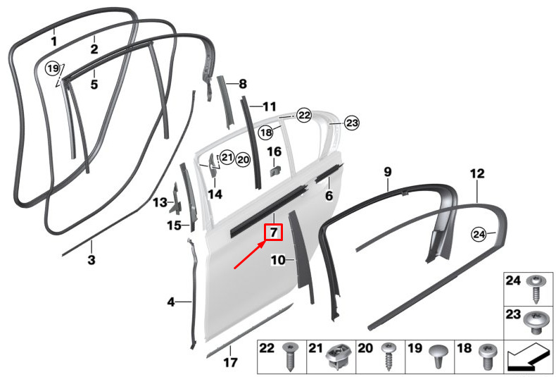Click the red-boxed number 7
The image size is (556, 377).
[x=274, y=232]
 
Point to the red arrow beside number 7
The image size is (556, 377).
[x=249, y=254]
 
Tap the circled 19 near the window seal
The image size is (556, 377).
[x=53, y=68]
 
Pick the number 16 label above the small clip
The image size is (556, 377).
[x=274, y=152]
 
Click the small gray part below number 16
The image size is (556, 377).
[x=275, y=171]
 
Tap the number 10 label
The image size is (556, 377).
[x=278, y=260]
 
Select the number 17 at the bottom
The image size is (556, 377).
[x=230, y=362]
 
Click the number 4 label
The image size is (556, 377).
[x=171, y=302]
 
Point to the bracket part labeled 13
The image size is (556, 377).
[x=176, y=199]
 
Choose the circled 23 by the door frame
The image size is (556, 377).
[x=352, y=123]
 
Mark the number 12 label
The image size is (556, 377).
[x=477, y=173]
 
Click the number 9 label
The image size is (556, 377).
[x=388, y=171]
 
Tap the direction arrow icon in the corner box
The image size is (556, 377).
[x=527, y=357]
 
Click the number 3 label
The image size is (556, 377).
[x=91, y=259]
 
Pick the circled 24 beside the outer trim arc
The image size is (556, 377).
[x=479, y=234]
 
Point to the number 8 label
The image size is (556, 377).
[x=243, y=84]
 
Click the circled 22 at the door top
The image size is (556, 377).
[x=304, y=115]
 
